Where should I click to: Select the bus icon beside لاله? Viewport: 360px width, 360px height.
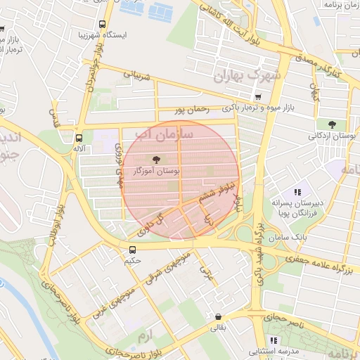tap(79, 138)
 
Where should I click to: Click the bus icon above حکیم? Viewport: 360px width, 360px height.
tap(133, 250)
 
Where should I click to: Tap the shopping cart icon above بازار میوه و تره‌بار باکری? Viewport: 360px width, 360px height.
tap(258, 97)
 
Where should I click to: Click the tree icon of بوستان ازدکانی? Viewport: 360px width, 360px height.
tap(332, 124)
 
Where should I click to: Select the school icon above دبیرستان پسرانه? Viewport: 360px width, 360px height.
tap(297, 191)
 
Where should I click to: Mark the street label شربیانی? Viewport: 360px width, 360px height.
tap(138, 74)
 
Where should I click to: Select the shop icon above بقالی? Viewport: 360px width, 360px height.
tap(219, 317)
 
